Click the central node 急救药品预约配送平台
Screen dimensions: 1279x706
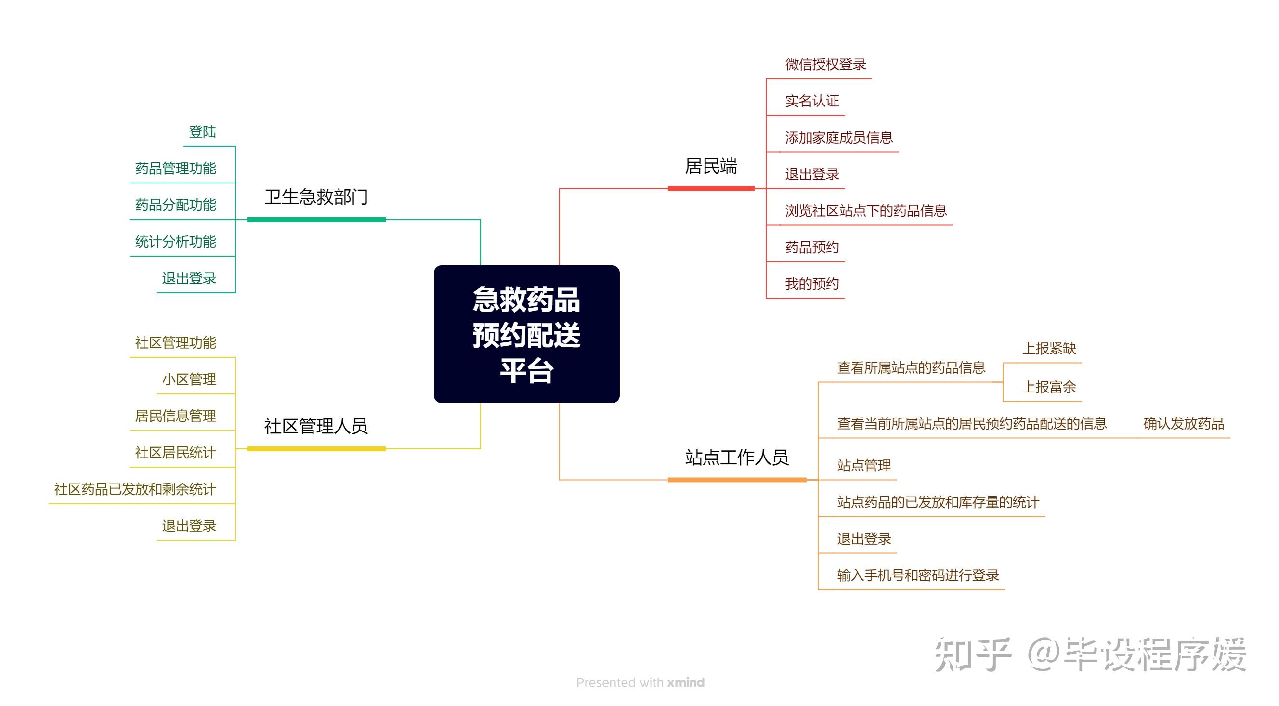click(x=526, y=334)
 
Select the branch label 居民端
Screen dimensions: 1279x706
click(x=710, y=167)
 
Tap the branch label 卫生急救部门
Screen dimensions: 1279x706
click(x=316, y=197)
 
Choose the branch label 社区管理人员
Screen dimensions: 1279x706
click(x=316, y=427)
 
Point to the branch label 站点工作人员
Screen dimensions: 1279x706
click(x=736, y=457)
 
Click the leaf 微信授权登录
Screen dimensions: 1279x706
click(x=825, y=65)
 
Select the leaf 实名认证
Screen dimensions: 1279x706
click(x=812, y=101)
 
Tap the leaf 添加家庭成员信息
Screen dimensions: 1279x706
click(x=838, y=138)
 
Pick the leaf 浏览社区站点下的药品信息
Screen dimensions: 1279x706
click(x=865, y=211)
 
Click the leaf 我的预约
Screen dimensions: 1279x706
click(x=812, y=284)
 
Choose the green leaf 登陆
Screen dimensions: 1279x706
click(x=203, y=132)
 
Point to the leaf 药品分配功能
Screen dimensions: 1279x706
click(x=176, y=205)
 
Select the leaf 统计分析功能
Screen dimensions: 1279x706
click(x=176, y=242)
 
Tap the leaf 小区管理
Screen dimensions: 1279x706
click(x=189, y=380)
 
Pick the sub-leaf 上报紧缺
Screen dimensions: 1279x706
click(x=1049, y=349)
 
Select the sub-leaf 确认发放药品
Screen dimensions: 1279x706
click(x=1183, y=424)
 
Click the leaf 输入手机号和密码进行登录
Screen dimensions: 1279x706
click(x=917, y=575)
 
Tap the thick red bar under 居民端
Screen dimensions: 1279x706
click(x=710, y=189)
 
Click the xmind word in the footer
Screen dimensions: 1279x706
click(x=686, y=683)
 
